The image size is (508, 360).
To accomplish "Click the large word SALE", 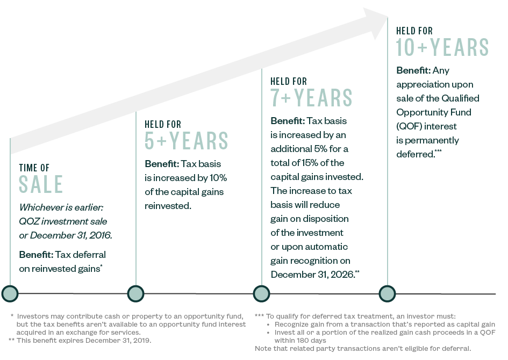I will click(41, 184).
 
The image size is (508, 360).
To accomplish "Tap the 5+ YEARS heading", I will click(187, 141).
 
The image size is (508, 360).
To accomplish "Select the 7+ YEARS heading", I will click(311, 98).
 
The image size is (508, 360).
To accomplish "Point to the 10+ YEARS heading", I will click(442, 47).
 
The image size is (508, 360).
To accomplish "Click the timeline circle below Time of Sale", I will click(10, 293).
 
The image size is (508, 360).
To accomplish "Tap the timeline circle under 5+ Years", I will click(135, 293).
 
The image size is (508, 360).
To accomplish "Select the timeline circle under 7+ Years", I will click(262, 293).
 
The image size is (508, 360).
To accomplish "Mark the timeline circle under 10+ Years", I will click(387, 293).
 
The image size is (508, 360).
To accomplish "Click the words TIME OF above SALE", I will click(34, 168).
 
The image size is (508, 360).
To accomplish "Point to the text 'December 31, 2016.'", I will click(78, 235).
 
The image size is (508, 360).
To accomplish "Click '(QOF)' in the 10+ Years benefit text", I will click(411, 126).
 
